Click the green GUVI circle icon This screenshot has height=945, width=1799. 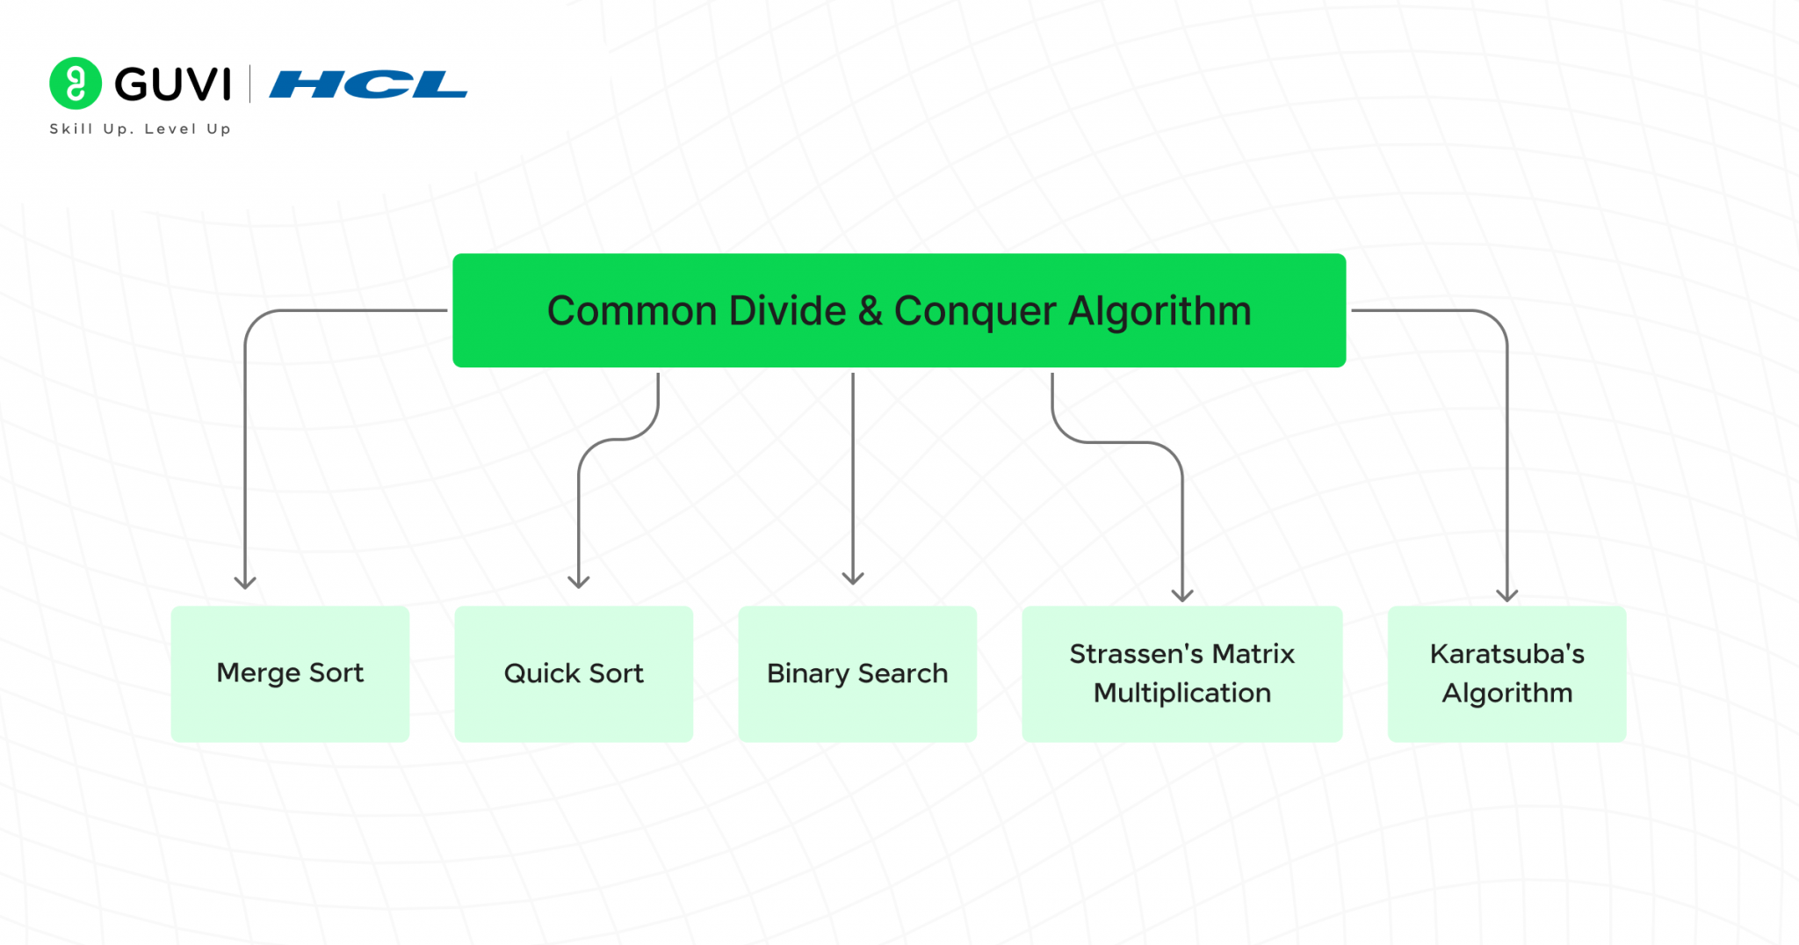pos(76,84)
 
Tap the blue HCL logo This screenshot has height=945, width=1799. pos(368,84)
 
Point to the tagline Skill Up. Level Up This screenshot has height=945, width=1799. pos(141,129)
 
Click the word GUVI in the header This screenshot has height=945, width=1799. pos(173,84)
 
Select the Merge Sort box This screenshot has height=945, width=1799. pos(290,673)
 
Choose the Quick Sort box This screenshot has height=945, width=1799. pos(574,673)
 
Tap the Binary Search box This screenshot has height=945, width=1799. pos(857,673)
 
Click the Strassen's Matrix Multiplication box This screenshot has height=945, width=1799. pos(1181,673)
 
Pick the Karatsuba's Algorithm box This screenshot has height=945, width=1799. pos(1506,673)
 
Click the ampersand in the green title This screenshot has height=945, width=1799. pos(870,311)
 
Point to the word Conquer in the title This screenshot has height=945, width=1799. pos(975,311)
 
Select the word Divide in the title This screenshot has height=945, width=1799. pos(788,311)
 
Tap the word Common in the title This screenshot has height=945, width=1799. pos(632,311)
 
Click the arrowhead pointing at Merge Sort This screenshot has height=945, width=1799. pos(245,582)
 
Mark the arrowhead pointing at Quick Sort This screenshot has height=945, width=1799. pos(579,582)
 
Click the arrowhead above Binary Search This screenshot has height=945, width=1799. pos(853,578)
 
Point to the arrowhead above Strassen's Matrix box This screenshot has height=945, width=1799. pos(1182,595)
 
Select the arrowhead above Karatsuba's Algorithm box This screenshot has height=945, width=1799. pos(1507,595)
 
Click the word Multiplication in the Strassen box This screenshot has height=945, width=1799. pos(1181,693)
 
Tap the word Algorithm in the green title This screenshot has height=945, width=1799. pos(1160,311)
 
